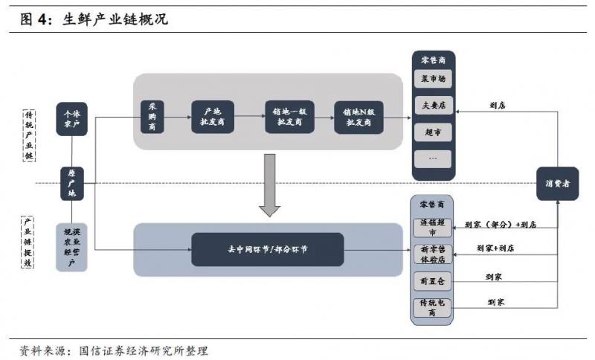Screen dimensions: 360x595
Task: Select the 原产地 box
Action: pyautogui.click(x=73, y=183)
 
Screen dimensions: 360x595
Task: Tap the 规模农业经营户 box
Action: pyautogui.click(x=73, y=246)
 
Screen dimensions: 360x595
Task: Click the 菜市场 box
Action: pyautogui.click(x=433, y=79)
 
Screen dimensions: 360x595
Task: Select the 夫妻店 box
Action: pyautogui.click(x=433, y=106)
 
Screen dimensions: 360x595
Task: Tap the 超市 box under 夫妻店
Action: pyautogui.click(x=433, y=132)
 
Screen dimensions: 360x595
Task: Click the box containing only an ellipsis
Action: pyautogui.click(x=433, y=158)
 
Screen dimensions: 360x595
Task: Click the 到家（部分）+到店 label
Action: pyautogui.click(x=500, y=223)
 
